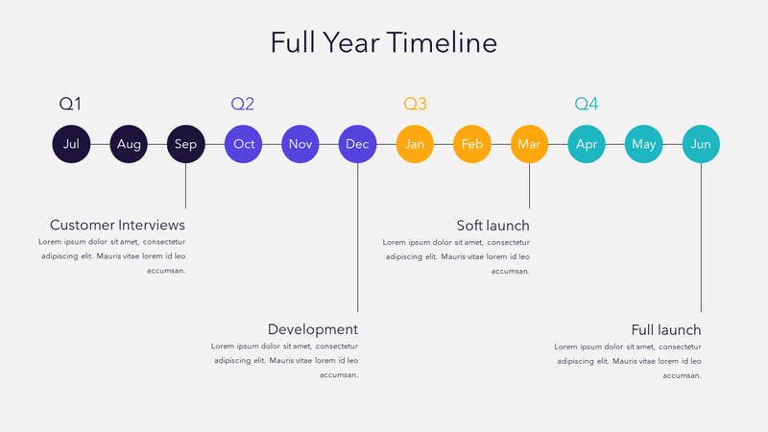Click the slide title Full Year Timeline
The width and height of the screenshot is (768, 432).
383,43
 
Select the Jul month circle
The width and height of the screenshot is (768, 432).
71,144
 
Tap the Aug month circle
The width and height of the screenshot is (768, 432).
129,144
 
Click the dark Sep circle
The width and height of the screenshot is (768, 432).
185,144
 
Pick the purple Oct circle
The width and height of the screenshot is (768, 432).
244,144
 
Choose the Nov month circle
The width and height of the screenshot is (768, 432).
300,144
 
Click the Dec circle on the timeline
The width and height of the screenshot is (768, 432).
357,144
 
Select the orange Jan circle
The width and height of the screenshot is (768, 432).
415,144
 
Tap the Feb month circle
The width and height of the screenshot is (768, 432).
471,144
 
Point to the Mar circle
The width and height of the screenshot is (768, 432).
529,144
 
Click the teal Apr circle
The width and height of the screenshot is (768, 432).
587,144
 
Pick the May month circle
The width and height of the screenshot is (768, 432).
643,144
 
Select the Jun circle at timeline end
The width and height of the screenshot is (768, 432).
701,144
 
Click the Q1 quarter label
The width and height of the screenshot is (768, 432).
71,104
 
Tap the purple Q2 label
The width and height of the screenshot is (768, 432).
243,104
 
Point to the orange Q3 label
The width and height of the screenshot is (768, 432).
415,104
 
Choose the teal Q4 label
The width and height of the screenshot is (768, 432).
586,104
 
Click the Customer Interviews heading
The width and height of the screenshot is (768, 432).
117,225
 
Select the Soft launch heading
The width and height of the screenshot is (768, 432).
492,226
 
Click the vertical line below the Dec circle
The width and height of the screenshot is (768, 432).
358,240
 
